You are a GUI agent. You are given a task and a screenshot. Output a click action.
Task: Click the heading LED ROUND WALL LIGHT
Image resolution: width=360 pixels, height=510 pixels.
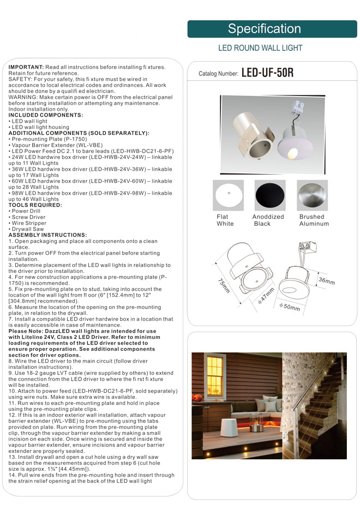(x=260, y=48)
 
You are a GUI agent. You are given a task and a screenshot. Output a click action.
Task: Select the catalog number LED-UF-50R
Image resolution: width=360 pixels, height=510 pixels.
(x=267, y=73)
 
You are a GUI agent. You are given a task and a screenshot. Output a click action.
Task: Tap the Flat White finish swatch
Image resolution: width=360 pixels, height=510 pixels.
(x=229, y=195)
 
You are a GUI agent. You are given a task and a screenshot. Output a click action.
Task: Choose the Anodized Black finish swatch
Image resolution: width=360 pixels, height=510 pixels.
(x=270, y=195)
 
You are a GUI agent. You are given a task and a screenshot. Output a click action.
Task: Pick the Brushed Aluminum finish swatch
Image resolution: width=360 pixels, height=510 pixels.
(x=313, y=195)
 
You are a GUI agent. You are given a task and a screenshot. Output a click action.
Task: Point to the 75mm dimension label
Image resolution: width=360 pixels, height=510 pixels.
(x=223, y=286)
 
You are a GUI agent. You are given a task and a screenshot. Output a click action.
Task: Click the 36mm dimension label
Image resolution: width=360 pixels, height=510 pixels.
(x=326, y=281)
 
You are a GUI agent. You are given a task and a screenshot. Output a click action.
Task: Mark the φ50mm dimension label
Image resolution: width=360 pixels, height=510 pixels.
(x=290, y=307)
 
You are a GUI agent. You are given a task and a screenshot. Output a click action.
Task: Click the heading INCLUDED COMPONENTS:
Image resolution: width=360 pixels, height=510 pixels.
(x=46, y=115)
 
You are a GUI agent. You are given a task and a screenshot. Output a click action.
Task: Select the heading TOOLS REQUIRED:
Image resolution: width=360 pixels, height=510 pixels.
(x=35, y=205)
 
